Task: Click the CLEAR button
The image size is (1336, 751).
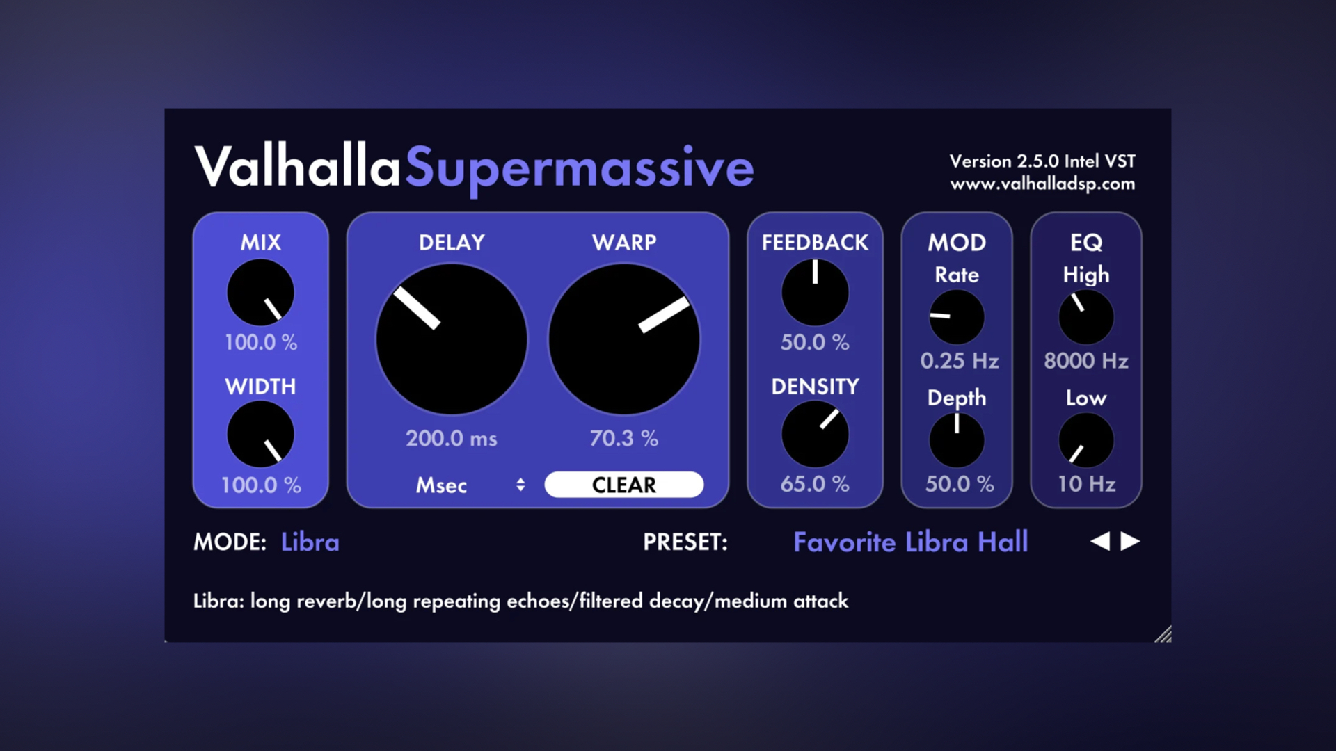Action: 623,485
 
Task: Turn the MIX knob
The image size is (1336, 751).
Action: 261,293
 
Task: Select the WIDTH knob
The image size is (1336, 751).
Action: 261,435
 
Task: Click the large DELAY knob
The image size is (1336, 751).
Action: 452,339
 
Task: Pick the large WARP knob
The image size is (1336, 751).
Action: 624,339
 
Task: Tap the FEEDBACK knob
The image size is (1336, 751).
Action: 815,293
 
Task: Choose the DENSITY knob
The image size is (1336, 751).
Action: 815,434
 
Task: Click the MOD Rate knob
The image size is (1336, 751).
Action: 957,317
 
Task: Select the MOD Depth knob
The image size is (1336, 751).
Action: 957,440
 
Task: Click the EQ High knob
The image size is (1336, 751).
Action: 1085,317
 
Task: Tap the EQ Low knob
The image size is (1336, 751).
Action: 1085,440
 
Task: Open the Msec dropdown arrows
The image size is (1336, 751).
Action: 520,485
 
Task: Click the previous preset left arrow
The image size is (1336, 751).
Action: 1100,541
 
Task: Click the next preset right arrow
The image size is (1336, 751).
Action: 1130,541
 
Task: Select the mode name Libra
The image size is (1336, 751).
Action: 310,542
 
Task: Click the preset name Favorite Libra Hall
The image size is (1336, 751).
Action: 910,542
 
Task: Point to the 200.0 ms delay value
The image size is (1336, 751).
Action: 452,438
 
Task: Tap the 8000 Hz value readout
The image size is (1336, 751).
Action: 1085,361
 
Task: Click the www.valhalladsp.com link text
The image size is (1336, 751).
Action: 1042,184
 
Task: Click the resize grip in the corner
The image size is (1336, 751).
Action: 1163,634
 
